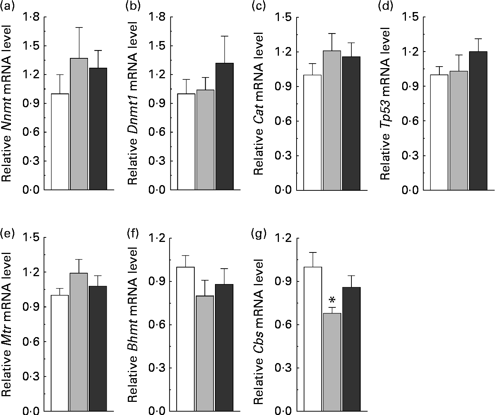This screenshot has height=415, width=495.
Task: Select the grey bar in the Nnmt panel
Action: click(x=79, y=124)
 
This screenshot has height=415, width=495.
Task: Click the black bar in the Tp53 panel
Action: click(x=478, y=121)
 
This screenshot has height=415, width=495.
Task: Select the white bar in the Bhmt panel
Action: click(x=185, y=339)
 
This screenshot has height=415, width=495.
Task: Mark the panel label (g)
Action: click(x=260, y=234)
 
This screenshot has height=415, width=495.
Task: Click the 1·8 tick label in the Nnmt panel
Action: click(x=32, y=17)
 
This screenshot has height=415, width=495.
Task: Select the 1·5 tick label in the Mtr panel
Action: click(x=32, y=238)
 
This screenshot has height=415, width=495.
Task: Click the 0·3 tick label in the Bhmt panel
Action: click(x=158, y=368)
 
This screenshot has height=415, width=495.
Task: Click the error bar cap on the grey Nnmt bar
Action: click(x=79, y=27)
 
